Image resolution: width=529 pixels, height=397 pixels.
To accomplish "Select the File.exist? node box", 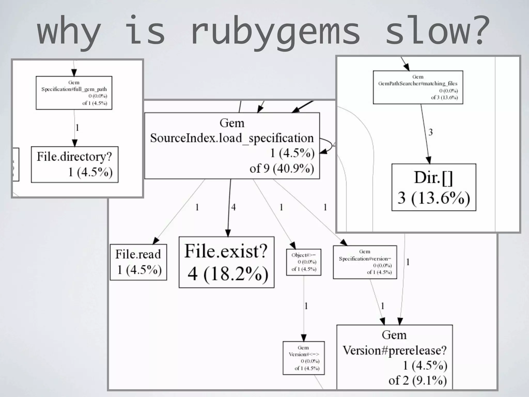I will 227,262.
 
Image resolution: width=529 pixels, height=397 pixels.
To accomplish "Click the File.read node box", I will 138,262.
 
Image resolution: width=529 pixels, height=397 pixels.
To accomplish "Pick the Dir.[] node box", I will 434,187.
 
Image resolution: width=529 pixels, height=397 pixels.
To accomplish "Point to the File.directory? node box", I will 75,164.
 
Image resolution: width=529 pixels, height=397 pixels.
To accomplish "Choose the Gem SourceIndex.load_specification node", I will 232,146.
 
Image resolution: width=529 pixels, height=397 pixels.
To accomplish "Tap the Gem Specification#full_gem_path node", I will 74,93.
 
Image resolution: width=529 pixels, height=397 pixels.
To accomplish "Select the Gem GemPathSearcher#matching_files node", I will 418,87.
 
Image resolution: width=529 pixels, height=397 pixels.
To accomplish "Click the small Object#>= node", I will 304,262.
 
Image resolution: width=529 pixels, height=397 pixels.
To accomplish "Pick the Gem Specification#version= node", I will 365,262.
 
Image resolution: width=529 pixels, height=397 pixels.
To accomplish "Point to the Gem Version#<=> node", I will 304,358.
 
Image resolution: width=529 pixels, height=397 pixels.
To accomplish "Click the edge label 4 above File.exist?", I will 234,207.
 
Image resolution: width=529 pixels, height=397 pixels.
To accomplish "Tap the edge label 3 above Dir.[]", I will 430,132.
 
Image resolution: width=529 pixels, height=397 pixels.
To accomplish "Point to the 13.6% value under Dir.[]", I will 441,198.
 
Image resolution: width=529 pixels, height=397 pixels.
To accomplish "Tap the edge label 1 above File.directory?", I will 77,128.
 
